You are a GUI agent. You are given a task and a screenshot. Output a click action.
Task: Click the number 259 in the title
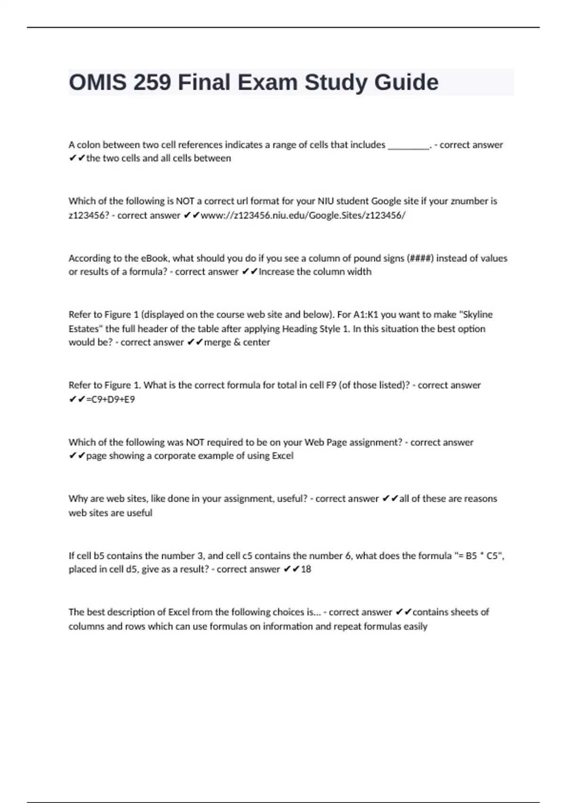point(152,83)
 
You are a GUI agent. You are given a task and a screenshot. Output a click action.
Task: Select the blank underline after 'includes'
point(409,145)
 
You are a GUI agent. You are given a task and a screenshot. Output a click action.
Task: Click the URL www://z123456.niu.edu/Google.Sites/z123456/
point(303,215)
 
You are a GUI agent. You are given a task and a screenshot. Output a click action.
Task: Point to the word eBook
point(155,258)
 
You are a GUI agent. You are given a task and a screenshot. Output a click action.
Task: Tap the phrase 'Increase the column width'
point(315,272)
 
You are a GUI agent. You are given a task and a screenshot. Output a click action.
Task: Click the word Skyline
point(476,315)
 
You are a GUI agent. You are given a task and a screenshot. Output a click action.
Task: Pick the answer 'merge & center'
point(237,342)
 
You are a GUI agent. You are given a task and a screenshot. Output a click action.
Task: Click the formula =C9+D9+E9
point(111,399)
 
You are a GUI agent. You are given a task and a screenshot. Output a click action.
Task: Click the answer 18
point(306,569)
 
